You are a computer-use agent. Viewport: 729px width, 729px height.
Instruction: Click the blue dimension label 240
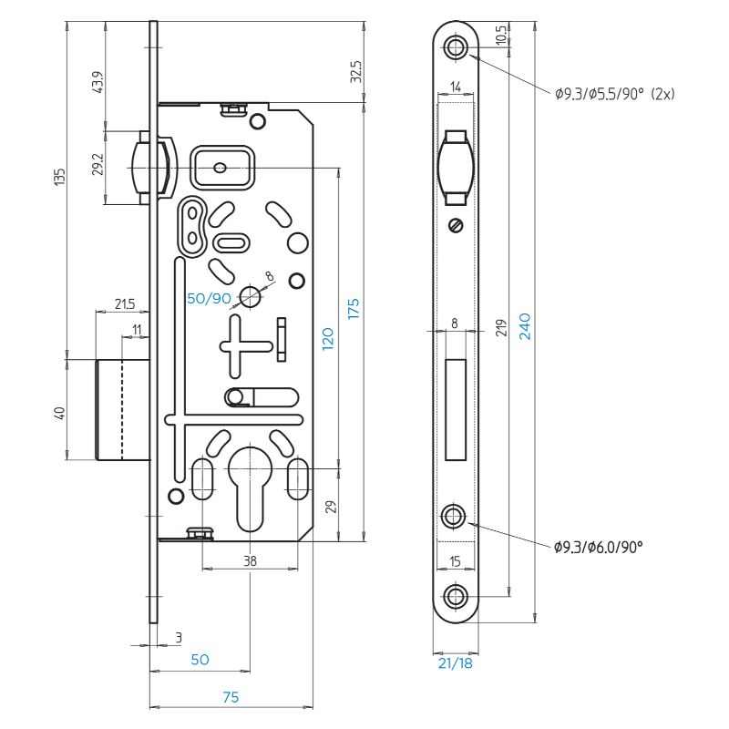[x=525, y=326]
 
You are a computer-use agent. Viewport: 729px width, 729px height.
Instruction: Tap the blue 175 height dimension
[x=354, y=309]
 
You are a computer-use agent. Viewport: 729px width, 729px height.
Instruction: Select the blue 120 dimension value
[x=328, y=339]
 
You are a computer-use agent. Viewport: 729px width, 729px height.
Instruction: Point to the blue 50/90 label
[x=209, y=299]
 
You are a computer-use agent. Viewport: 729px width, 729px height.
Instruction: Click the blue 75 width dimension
[x=231, y=697]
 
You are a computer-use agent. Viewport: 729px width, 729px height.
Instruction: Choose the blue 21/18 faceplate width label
[x=455, y=663]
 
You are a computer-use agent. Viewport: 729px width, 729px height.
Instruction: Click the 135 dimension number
[x=60, y=177]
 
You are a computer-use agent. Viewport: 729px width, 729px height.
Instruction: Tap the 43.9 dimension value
[x=98, y=82]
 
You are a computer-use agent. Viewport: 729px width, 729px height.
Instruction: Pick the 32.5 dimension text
[x=356, y=71]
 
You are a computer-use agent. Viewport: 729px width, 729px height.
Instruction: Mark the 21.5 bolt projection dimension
[x=125, y=304]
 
